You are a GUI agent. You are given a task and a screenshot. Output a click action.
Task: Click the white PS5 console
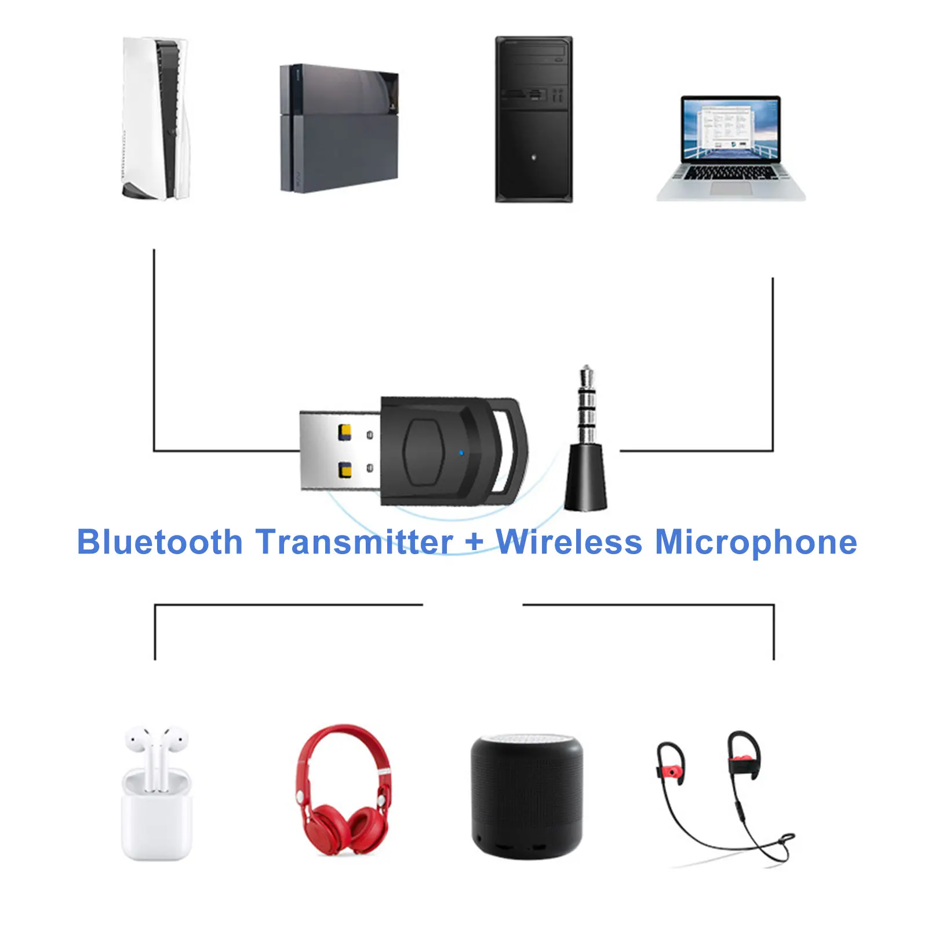pyautogui.click(x=155, y=119)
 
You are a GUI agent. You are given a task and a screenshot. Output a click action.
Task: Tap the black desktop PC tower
pyautogui.click(x=533, y=120)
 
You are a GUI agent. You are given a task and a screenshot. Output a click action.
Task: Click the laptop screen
pyautogui.click(x=730, y=129)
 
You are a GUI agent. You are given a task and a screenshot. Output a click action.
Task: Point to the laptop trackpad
pyautogui.click(x=730, y=188)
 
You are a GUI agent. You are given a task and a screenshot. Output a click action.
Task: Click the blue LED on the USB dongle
pyautogui.click(x=461, y=453)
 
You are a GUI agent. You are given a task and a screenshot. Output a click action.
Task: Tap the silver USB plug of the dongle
pyautogui.click(x=339, y=450)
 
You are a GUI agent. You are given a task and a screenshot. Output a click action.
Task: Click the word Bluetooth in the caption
pyautogui.click(x=159, y=543)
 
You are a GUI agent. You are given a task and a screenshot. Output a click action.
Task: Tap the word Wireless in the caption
pyautogui.click(x=569, y=543)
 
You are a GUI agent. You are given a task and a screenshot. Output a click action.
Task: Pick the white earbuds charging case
pyautogui.click(x=155, y=811)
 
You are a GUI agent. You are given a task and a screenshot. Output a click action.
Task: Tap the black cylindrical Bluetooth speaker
pyautogui.click(x=526, y=797)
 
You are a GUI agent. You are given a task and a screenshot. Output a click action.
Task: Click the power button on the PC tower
pyautogui.click(x=533, y=157)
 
